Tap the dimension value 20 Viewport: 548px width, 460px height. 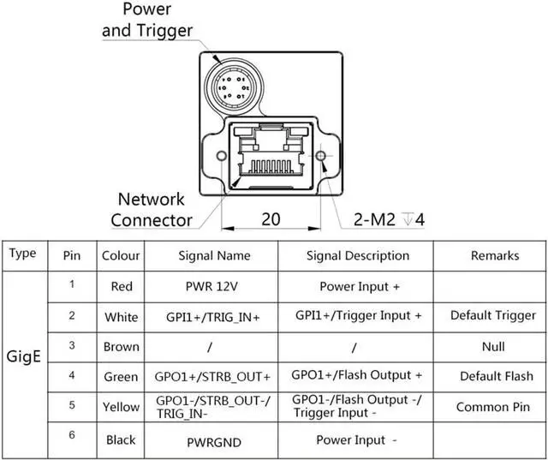click(271, 219)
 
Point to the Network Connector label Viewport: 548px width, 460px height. click(152, 210)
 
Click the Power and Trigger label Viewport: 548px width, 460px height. click(147, 20)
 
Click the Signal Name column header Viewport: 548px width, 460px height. click(214, 255)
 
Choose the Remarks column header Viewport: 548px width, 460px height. click(494, 255)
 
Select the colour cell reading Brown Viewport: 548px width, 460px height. click(122, 346)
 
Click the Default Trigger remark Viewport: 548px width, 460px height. click(493, 315)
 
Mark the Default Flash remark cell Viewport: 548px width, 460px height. click(496, 376)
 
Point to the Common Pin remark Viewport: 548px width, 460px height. click(494, 407)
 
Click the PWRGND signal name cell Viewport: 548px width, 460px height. click(214, 440)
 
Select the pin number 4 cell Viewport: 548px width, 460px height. click(72, 375)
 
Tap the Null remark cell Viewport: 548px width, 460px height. click(494, 346)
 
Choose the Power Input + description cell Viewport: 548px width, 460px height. click(359, 286)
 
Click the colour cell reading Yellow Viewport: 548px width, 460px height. click(122, 407)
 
